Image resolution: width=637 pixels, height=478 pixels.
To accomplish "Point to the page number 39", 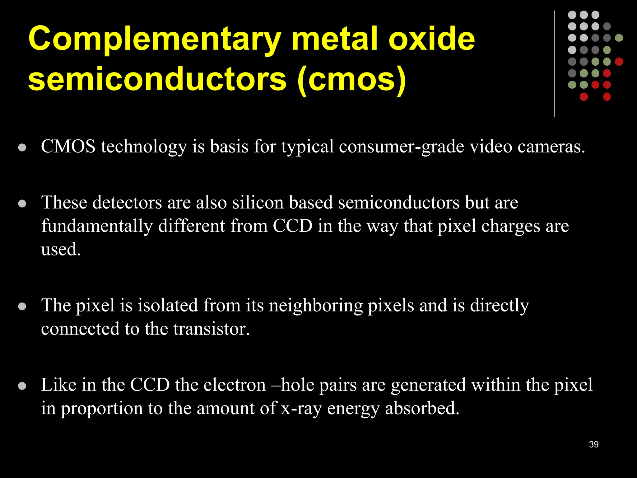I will click(594, 444).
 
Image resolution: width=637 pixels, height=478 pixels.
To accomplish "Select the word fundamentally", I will click(97, 226).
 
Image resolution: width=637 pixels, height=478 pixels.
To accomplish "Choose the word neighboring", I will click(316, 306).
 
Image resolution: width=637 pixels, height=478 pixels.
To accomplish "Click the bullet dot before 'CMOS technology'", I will click(22, 148).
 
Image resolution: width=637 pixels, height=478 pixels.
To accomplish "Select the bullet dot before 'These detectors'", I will click(22, 204).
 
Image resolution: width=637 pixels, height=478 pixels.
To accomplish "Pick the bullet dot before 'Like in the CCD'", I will click(22, 386).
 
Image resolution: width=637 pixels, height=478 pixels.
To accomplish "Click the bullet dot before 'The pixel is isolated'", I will click(22, 307).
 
